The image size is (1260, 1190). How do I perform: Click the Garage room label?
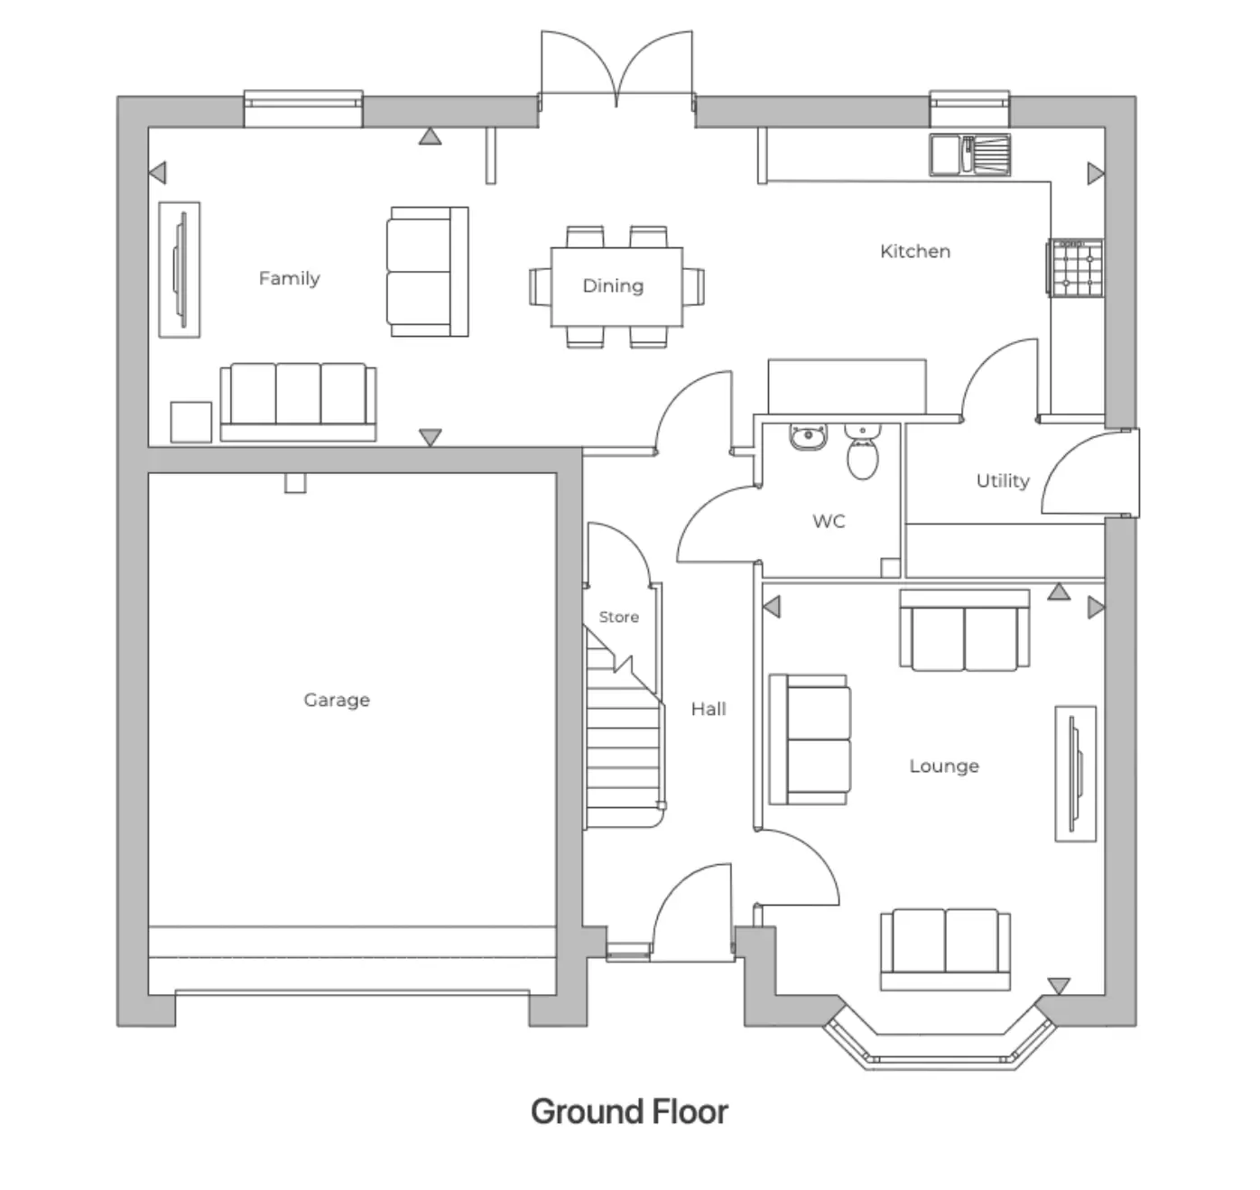coord(336,700)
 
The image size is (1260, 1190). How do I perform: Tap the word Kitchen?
coord(914,251)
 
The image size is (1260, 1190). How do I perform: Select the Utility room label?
coord(1002,480)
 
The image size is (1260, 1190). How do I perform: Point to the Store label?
coord(618,617)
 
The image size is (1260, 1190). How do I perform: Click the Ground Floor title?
coord(629,1111)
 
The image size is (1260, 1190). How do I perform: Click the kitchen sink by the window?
coord(969,154)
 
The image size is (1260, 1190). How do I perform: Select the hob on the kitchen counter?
coord(1076,267)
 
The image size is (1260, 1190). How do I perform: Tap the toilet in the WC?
coord(863,453)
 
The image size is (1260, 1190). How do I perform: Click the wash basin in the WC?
coord(808,437)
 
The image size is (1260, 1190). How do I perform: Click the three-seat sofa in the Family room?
coord(298,402)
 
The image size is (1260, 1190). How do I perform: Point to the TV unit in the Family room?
coord(180,269)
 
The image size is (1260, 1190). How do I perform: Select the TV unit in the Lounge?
coord(1075,773)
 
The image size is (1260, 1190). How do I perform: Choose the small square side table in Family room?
coord(191,422)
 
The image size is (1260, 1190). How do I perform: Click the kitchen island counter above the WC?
coord(847,386)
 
